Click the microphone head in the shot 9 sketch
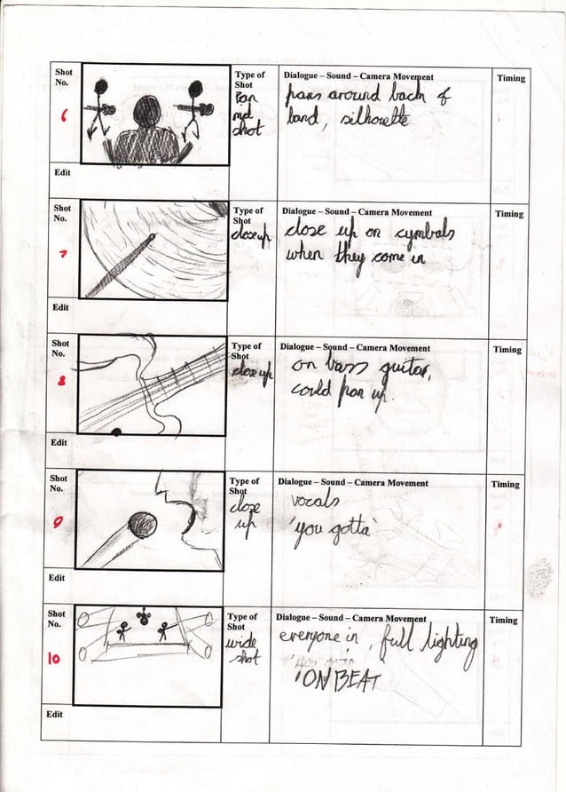142,525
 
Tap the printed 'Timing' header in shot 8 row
507,350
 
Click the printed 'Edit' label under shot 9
57,577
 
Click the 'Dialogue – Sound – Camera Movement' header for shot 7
357,213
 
